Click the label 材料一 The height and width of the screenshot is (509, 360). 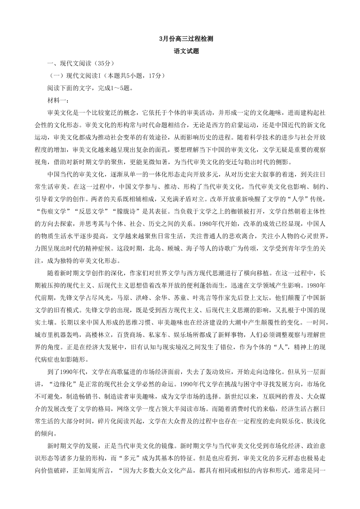(56, 100)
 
